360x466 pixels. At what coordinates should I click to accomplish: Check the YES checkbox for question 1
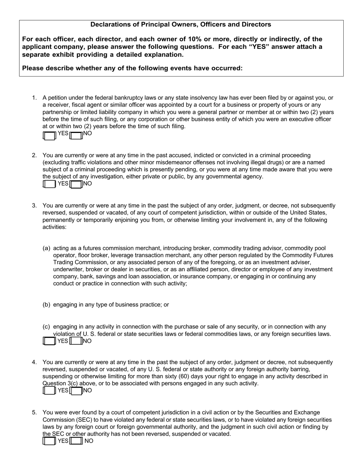point(50,135)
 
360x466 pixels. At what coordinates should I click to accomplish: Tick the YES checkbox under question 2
point(50,184)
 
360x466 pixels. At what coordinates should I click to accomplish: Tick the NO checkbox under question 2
point(76,184)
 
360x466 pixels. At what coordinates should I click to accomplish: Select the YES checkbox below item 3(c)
point(50,341)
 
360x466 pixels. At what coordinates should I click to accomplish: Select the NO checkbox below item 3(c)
point(76,341)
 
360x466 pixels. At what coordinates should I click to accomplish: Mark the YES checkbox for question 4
point(50,391)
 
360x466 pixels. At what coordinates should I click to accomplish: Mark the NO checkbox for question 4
point(76,391)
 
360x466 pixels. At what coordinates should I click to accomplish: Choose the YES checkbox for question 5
point(50,441)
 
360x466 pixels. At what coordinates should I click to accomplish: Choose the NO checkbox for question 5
point(76,441)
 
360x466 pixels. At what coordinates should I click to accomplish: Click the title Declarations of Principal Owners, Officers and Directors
point(181,25)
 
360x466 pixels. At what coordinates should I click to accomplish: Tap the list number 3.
point(34,206)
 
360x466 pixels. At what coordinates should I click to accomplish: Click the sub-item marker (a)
point(46,249)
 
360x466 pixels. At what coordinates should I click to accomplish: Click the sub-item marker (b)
point(46,305)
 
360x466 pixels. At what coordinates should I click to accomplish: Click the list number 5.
point(34,413)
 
